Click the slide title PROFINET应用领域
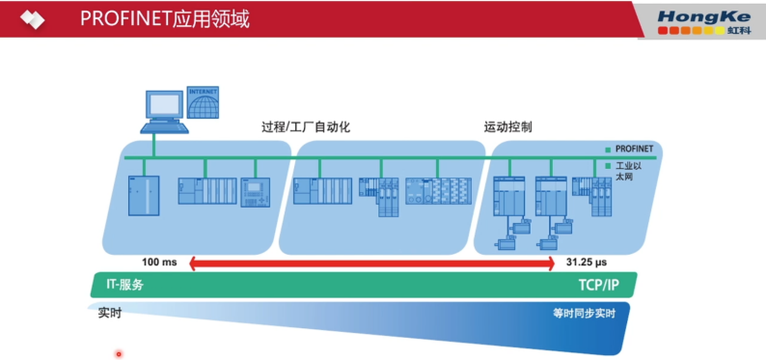tap(165, 18)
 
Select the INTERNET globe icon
tap(204, 102)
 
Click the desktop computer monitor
tap(161, 103)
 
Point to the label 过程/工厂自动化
tap(305, 126)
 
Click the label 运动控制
tap(507, 126)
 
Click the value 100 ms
tap(159, 263)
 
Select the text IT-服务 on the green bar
tap(123, 285)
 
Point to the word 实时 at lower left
tap(108, 313)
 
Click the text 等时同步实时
tap(584, 314)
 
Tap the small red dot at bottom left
tap(119, 353)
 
